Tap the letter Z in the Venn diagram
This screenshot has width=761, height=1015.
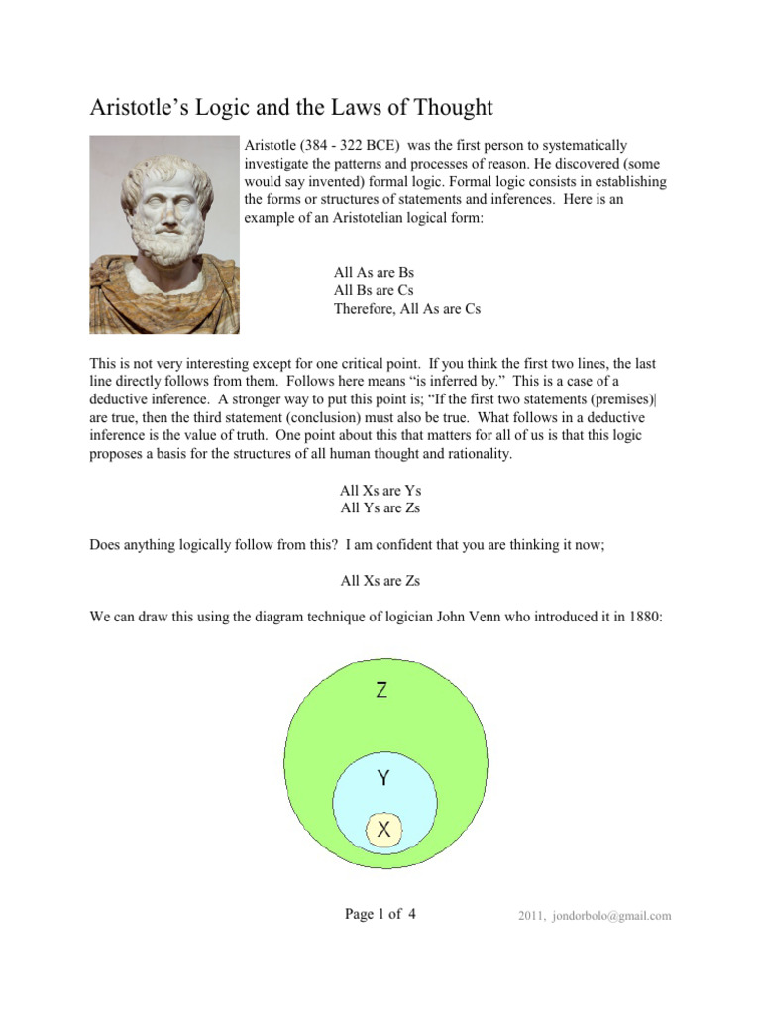[x=381, y=691]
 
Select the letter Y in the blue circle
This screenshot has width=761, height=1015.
[x=382, y=779]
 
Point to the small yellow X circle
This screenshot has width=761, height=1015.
[x=383, y=830]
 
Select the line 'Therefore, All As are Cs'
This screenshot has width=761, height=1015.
[x=406, y=309]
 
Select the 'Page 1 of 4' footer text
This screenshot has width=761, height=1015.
[x=380, y=914]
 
